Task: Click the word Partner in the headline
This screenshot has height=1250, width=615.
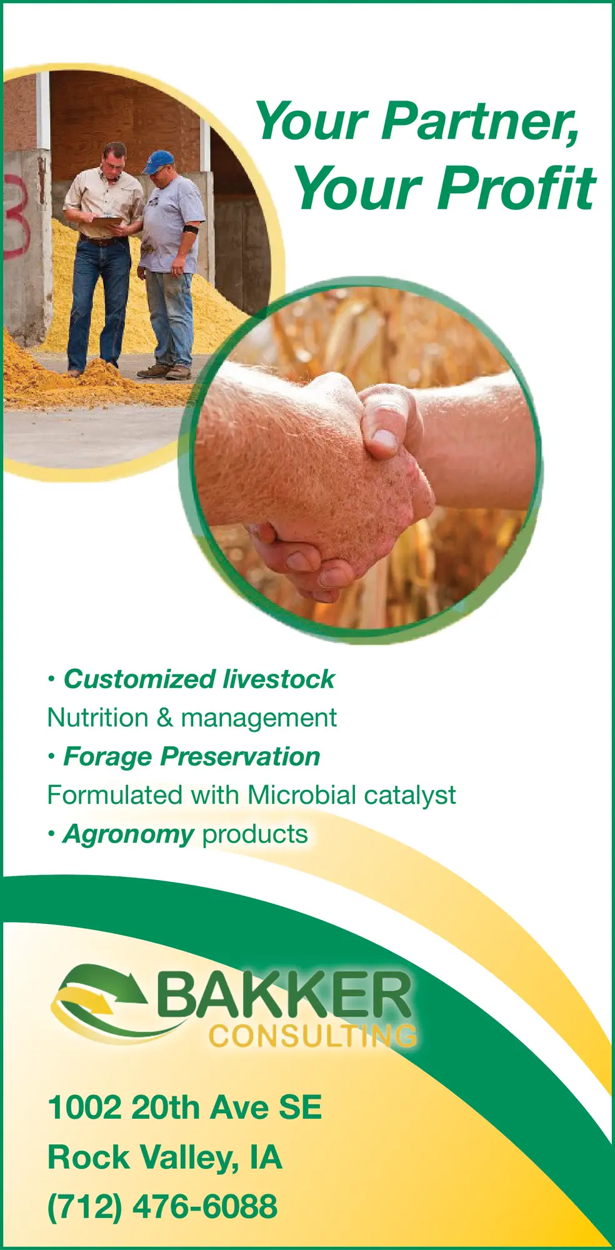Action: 480,121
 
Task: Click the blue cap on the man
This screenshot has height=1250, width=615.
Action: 159,160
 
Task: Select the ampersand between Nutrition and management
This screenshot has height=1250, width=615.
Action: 165,717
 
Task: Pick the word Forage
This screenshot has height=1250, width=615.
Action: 107,756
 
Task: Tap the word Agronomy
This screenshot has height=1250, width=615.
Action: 128,834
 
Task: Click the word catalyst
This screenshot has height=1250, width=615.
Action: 409,796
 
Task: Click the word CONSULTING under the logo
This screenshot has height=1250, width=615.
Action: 312,1036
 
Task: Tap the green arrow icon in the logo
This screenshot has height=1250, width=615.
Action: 100,987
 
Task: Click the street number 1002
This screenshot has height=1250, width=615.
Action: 84,1107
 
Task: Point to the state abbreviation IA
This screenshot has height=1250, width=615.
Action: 266,1157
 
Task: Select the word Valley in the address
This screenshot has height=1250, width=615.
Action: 188,1157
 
